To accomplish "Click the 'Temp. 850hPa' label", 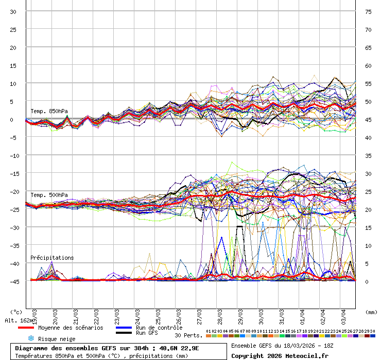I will (49, 111).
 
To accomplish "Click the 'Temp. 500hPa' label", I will (49, 195).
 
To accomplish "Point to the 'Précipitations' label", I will (52, 258).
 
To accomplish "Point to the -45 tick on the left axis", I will (14, 281).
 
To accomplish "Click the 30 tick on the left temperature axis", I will (14, 11).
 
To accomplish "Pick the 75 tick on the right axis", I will (368, 11).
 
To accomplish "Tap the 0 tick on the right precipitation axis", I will (367, 281).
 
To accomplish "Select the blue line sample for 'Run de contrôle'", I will (123, 328).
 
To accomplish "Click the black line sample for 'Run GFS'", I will (123, 333).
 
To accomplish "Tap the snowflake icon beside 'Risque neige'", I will (30, 338).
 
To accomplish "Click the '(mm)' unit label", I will (371, 312).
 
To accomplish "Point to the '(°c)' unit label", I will (16, 312).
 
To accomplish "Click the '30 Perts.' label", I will (188, 335).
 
